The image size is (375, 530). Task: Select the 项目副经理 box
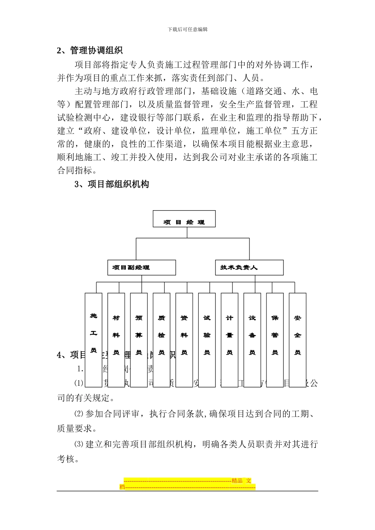point(141,267)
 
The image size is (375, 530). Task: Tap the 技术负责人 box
point(249,267)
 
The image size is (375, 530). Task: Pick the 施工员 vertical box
point(94,339)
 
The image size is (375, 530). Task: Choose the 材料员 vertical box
point(116,339)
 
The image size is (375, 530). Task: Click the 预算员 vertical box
point(139,339)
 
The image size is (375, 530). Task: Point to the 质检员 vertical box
point(161,339)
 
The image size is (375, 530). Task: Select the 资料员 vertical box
point(184,339)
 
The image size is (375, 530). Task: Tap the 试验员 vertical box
point(207,339)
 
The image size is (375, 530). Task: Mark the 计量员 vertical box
point(230,339)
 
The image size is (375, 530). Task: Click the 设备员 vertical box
point(252,339)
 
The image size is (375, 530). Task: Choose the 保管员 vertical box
point(275,339)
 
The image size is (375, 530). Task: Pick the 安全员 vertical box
point(298,339)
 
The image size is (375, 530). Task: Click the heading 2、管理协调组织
point(90,50)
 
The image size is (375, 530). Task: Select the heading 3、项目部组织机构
point(112,184)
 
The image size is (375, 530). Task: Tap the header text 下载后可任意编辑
point(187,29)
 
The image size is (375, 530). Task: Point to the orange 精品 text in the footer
point(237,480)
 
